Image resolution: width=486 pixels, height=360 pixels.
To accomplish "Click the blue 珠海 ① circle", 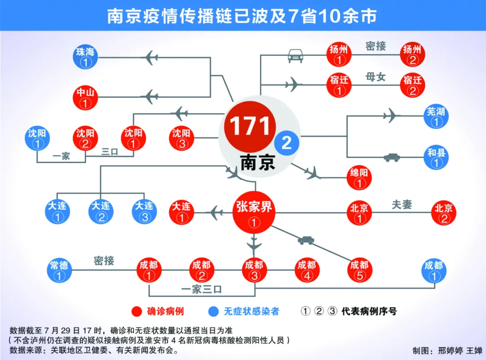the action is pos(85,57).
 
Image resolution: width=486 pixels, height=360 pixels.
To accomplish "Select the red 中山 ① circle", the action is pos(85,98).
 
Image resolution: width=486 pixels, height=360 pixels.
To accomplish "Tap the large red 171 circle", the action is pos(250,126).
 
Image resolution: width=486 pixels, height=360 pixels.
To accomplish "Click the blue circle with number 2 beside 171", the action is pos(287,143).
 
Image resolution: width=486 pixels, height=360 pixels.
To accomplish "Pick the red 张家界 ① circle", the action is pos(254,213).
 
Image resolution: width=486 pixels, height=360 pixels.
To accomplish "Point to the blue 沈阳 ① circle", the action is pos(37,138).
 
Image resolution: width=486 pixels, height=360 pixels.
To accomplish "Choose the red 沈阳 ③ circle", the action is pos(182,138).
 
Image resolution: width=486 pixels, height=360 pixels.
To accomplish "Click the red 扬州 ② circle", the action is pos(412,54).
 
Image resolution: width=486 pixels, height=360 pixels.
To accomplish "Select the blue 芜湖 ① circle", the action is pos(436,116).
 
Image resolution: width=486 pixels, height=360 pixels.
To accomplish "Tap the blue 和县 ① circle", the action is pos(436,157).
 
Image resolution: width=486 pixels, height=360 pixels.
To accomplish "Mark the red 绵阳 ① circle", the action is pos(359,178).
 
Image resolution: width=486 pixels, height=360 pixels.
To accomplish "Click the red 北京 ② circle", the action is pos(444,213).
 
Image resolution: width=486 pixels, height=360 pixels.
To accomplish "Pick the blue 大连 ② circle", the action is pos(101,212).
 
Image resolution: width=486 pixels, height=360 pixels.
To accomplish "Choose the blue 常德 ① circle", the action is pos(59,270).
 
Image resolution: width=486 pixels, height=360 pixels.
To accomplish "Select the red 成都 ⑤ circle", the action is pos(360,270).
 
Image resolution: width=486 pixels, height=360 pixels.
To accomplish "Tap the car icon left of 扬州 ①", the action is pos(295,55).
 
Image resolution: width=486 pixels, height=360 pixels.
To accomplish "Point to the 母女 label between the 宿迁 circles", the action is pos(375,76).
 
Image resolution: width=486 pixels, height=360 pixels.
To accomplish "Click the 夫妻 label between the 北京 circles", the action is pos(402,204).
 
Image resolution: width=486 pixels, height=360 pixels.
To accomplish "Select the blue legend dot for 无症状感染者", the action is pos(213,311).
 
